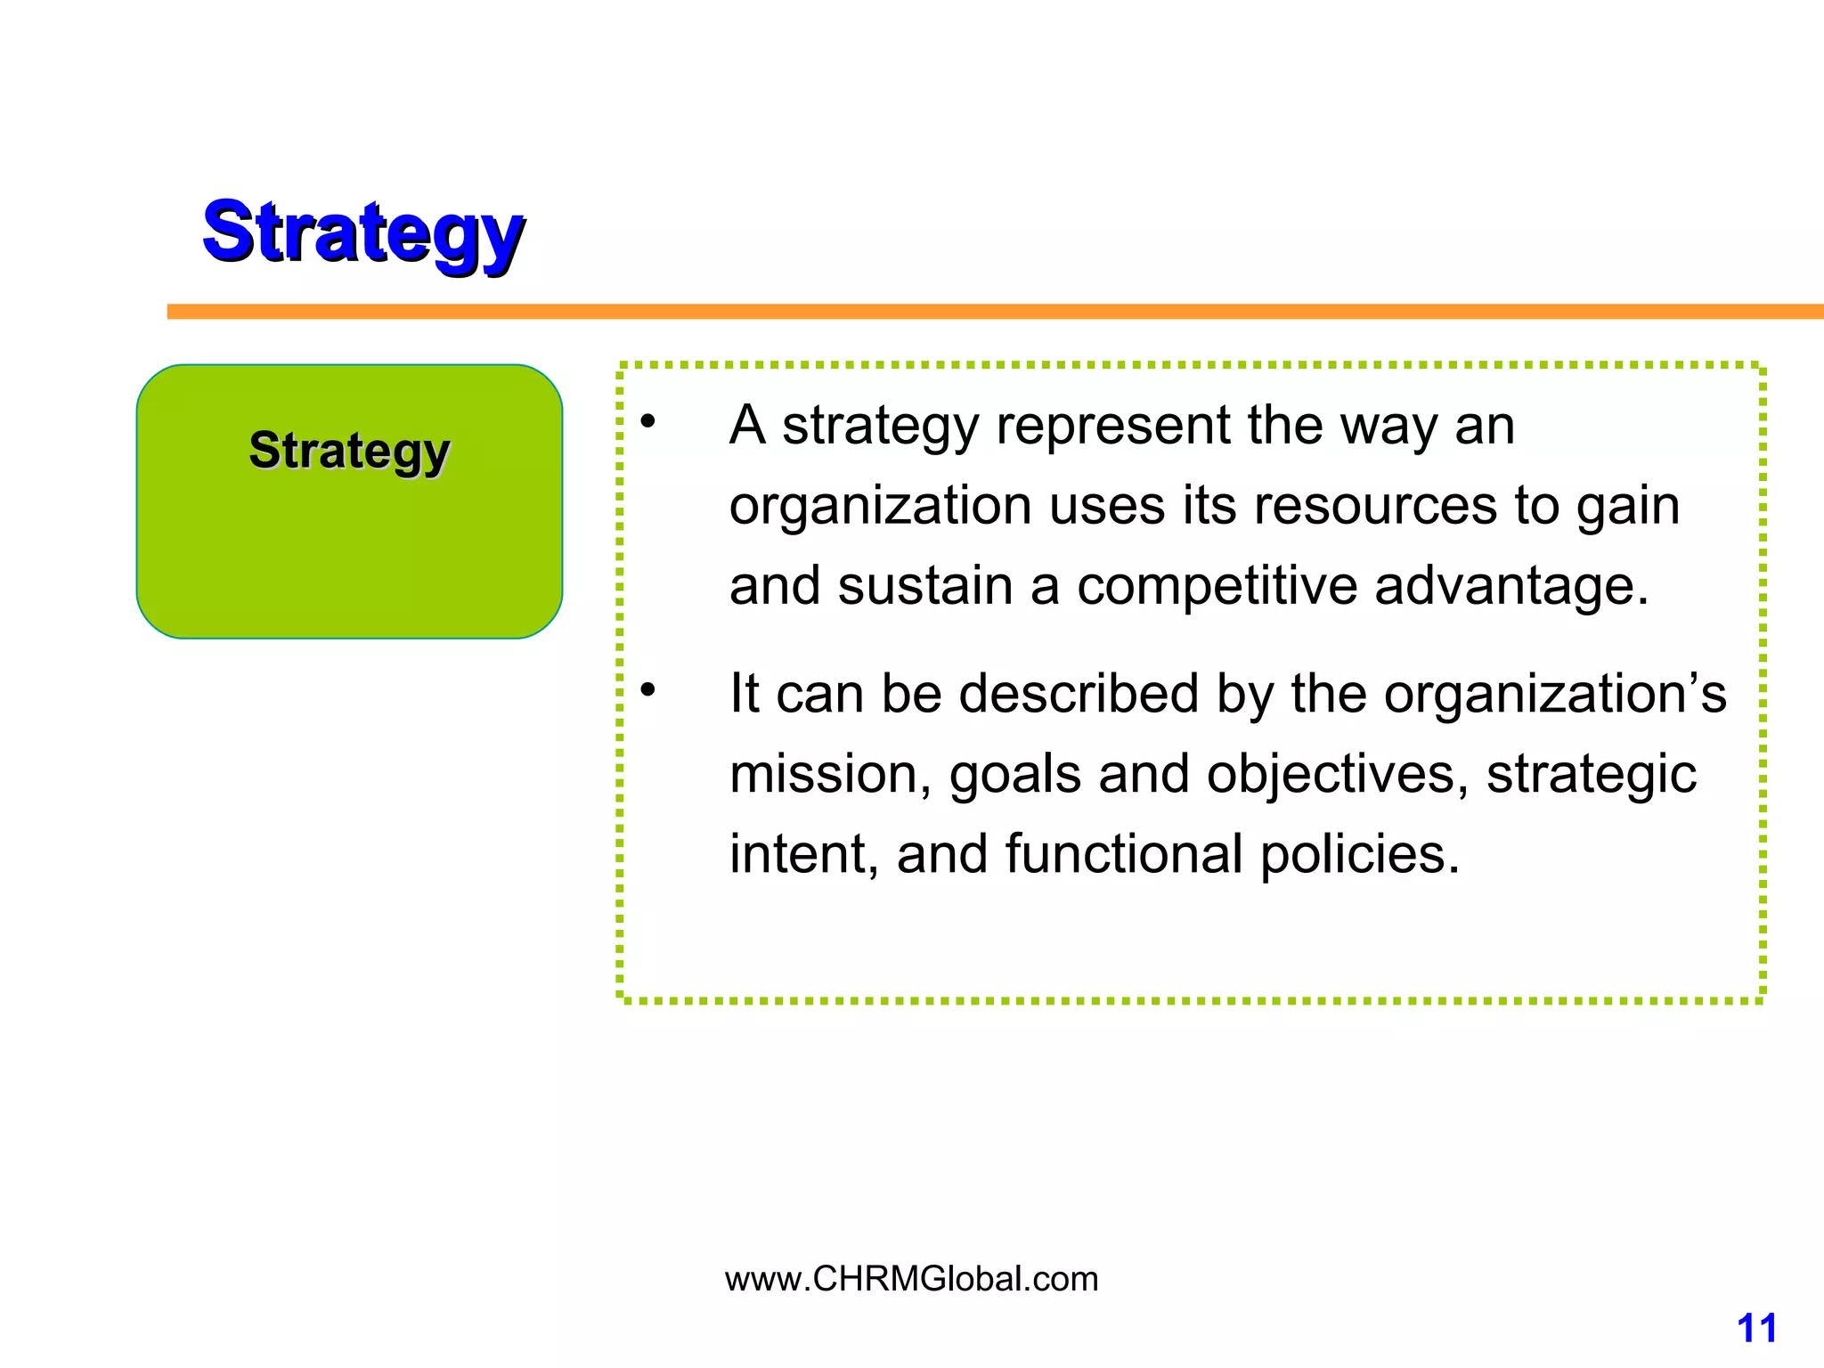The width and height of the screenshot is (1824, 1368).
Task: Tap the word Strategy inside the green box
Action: (349, 451)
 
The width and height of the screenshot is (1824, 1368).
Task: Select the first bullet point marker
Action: (647, 420)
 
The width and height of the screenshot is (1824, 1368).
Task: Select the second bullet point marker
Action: (647, 688)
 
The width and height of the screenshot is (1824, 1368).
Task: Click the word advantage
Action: (1511, 586)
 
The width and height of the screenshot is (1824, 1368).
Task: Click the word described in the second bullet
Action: (1079, 693)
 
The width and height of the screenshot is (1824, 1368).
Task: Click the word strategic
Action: (1591, 773)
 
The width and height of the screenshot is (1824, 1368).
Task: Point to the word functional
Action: (1123, 853)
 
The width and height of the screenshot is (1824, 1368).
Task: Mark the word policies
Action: (1359, 853)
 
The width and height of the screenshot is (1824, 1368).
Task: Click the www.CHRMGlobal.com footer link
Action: (911, 1279)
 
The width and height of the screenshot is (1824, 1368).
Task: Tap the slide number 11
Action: (1756, 1328)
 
